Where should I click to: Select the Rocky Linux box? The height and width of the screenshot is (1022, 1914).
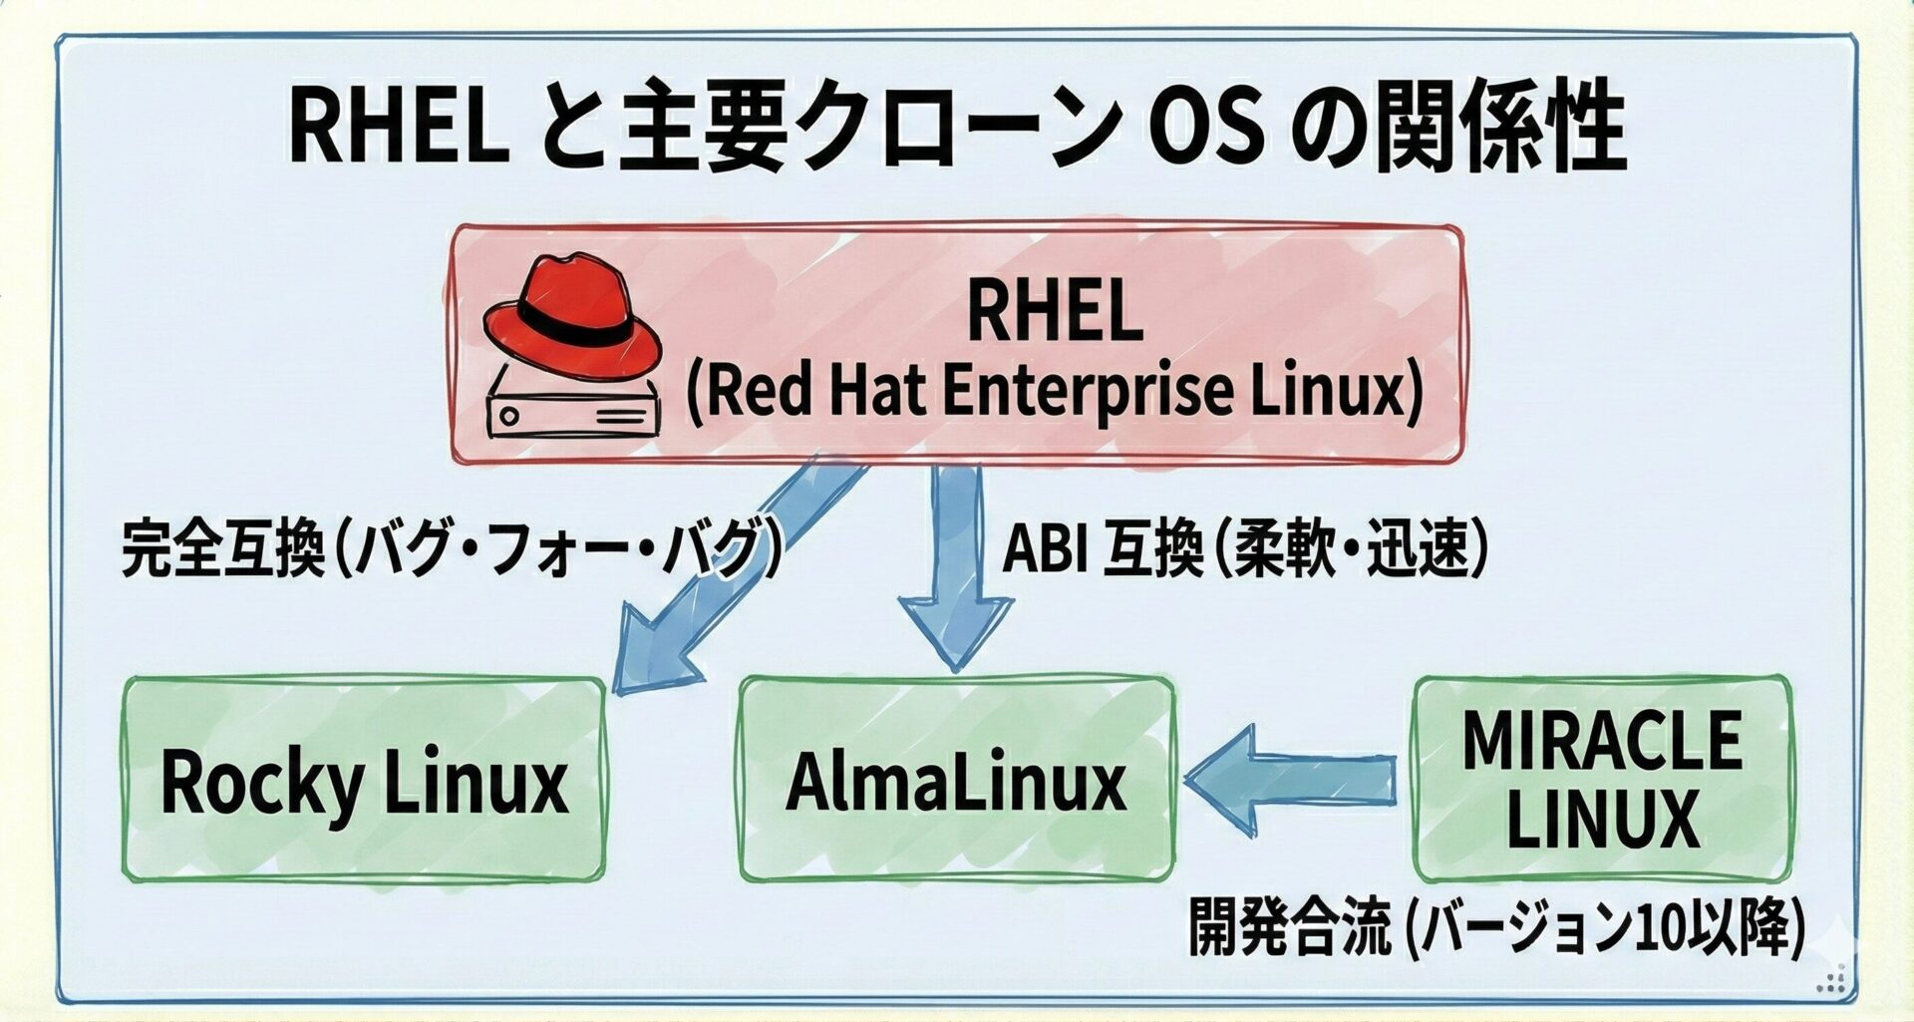click(x=364, y=780)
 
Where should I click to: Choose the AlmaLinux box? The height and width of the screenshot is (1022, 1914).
click(x=955, y=780)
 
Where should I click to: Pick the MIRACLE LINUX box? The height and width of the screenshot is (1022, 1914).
click(x=1602, y=780)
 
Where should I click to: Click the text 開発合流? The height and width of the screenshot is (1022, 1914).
click(x=1289, y=927)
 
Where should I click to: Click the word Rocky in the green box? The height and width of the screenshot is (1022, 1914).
click(x=261, y=783)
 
